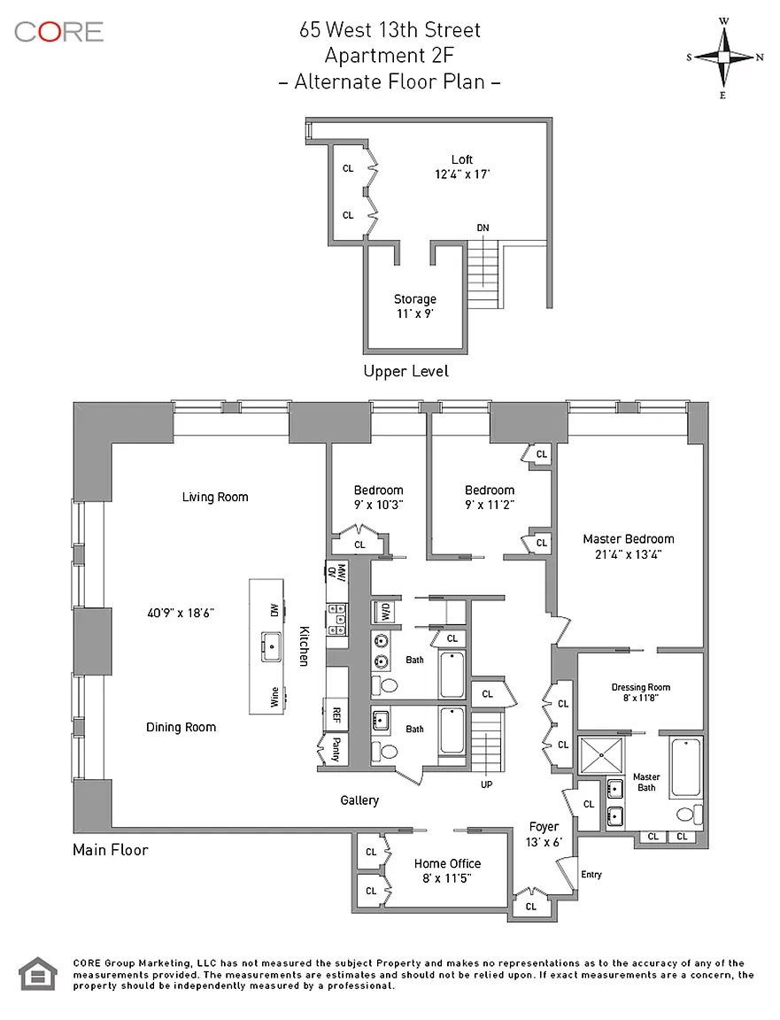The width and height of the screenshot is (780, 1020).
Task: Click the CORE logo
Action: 58,32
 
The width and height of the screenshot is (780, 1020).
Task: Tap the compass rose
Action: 723,58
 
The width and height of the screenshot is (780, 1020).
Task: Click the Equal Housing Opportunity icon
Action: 38,974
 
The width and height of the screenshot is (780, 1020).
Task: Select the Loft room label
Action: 462,159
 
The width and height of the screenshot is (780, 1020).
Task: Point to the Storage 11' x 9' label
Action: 415,305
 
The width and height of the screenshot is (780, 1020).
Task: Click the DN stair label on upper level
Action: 483,228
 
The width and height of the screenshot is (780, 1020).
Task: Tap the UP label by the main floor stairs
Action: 487,784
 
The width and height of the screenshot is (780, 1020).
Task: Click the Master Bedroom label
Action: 629,538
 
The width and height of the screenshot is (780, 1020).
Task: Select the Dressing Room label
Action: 641,687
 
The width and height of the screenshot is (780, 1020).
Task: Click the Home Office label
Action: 448,863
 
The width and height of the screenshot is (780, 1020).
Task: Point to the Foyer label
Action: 544,826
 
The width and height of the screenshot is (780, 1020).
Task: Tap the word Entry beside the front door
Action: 591,874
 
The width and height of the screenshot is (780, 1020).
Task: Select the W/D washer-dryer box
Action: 383,612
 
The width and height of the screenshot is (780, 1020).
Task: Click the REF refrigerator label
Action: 336,715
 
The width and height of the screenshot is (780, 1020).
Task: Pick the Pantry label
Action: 336,749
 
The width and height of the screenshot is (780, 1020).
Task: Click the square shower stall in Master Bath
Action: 601,755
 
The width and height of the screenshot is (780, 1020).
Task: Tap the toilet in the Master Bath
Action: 689,815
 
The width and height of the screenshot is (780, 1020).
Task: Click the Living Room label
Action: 215,497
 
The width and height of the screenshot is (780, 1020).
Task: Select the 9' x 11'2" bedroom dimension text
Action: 490,505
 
